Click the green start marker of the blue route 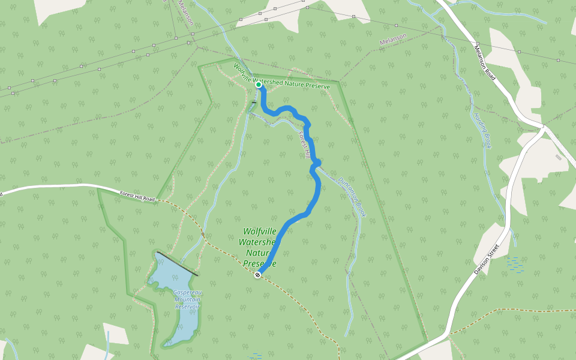click(x=259, y=85)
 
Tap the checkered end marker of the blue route click(x=257, y=275)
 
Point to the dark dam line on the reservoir click(x=178, y=265)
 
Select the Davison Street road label click(x=486, y=259)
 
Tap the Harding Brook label click(x=482, y=130)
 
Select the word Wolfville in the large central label click(x=260, y=232)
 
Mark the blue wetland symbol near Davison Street click(x=514, y=262)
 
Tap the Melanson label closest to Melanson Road click(x=393, y=40)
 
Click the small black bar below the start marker click(x=254, y=103)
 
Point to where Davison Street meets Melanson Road click(x=542, y=127)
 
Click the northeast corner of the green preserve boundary click(x=339, y=82)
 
